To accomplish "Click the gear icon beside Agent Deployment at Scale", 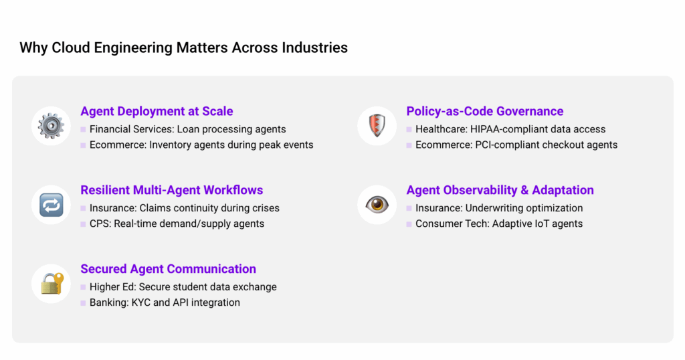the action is pos(51,126).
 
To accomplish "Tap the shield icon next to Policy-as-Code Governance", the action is pos(377,126).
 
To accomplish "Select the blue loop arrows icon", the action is pos(51,205).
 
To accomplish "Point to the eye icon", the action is pos(377,205).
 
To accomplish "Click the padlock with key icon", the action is pos(52,284).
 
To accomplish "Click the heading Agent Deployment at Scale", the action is pos(157,111).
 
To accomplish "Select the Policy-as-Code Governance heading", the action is pos(485,111).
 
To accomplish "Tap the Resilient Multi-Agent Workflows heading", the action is pos(172,190).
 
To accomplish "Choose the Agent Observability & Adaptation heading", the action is pos(500,190).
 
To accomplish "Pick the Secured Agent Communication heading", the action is pos(168,269).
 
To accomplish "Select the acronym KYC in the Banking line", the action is pos(140,302).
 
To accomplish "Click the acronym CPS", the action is pos(100,223).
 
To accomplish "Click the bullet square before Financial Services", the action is pos(83,129).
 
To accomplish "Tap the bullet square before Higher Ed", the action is pos(83,287).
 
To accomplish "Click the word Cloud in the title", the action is pos(71,48).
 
